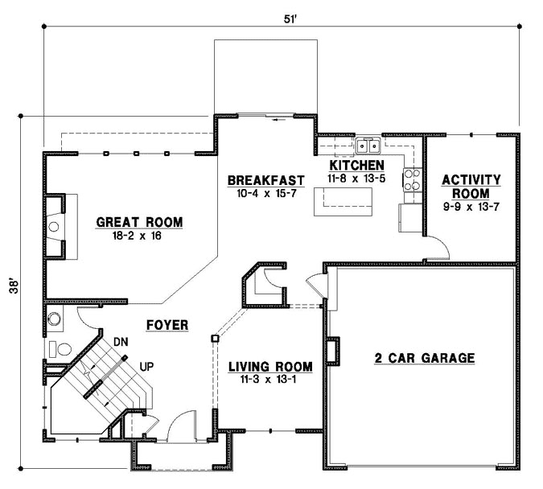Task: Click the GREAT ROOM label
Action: click(139, 222)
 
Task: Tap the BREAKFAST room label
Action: click(265, 179)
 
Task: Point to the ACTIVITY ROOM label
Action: click(471, 187)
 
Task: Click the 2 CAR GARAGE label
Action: click(424, 358)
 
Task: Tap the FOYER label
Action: click(167, 325)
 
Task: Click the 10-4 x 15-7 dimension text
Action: click(265, 193)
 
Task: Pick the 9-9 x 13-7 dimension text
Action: click(471, 208)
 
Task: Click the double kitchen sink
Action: click(368, 146)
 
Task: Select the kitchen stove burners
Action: click(412, 179)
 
